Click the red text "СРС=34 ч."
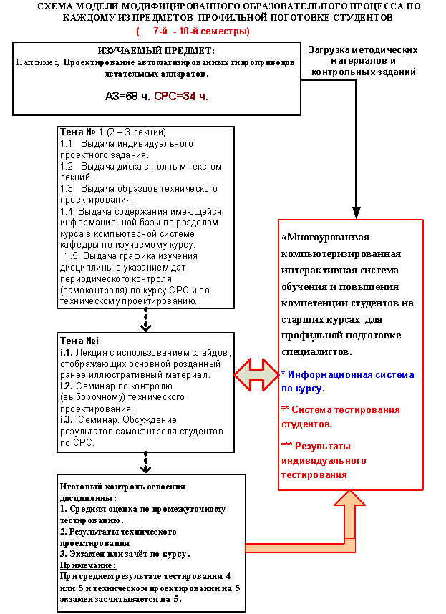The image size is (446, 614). (181, 96)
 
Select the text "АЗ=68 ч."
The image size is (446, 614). (127, 96)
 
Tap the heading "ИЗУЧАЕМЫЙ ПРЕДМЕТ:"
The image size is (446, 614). (156, 51)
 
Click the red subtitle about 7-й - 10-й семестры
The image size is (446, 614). (193, 31)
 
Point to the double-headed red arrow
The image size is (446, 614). (256, 374)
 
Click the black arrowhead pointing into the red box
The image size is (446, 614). (356, 213)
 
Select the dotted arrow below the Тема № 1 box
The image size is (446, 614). (145, 320)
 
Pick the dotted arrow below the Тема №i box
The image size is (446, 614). (145, 462)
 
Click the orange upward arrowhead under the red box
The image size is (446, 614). (349, 497)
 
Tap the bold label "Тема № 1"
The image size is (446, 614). (82, 132)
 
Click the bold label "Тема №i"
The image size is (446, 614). (79, 341)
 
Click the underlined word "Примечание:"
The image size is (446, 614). (88, 565)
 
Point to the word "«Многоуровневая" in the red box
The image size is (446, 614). (326, 238)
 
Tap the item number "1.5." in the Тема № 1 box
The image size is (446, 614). (72, 256)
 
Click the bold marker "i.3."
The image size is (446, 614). (67, 420)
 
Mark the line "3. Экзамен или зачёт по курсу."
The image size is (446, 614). (125, 554)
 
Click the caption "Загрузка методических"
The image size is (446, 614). (362, 50)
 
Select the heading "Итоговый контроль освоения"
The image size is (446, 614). (122, 487)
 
